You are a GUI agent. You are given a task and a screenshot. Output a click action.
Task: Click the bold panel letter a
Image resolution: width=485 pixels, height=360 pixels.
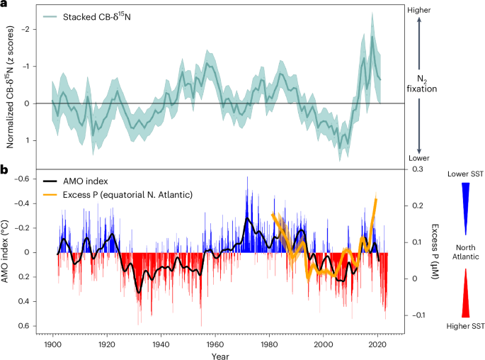click(x=4, y=5)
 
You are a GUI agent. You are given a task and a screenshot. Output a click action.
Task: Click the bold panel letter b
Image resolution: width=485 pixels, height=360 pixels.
click(x=4, y=171)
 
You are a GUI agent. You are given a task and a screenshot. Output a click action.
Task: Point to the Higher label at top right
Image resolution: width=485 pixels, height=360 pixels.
click(x=421, y=10)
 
